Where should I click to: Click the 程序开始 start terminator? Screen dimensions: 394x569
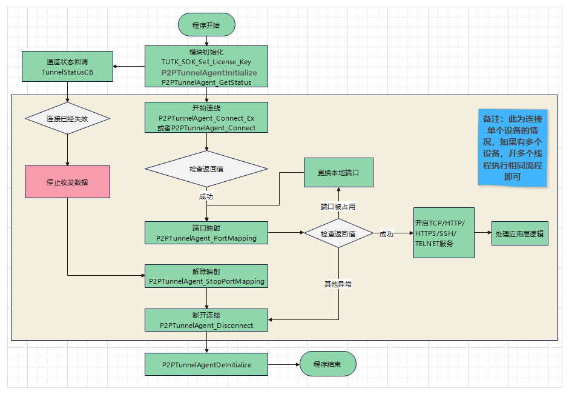[x=206, y=25]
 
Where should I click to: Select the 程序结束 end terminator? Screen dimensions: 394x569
[x=327, y=364]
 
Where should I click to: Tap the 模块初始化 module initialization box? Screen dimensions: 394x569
[x=206, y=67]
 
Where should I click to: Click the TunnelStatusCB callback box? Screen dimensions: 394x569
[x=67, y=67]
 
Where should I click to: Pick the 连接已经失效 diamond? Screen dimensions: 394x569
[x=67, y=119]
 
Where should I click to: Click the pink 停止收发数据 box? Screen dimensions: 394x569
[x=67, y=182]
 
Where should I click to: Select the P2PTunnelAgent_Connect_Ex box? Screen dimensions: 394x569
[x=206, y=117]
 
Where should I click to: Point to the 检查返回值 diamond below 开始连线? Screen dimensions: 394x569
[x=206, y=169]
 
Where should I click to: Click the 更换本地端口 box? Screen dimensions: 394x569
[x=338, y=173]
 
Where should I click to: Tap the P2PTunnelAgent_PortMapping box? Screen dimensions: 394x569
[x=206, y=233]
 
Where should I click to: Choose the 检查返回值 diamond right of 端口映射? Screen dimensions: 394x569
[x=338, y=233]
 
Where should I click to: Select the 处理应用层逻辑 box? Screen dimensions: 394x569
[x=519, y=233]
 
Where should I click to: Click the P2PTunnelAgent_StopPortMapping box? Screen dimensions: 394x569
[x=206, y=276]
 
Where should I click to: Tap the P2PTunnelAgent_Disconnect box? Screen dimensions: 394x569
[x=206, y=320]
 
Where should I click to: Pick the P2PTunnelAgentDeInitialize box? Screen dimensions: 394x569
[x=206, y=365]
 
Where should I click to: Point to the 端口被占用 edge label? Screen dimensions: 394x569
[x=338, y=207]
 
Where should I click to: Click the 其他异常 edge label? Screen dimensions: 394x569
[x=338, y=283]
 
